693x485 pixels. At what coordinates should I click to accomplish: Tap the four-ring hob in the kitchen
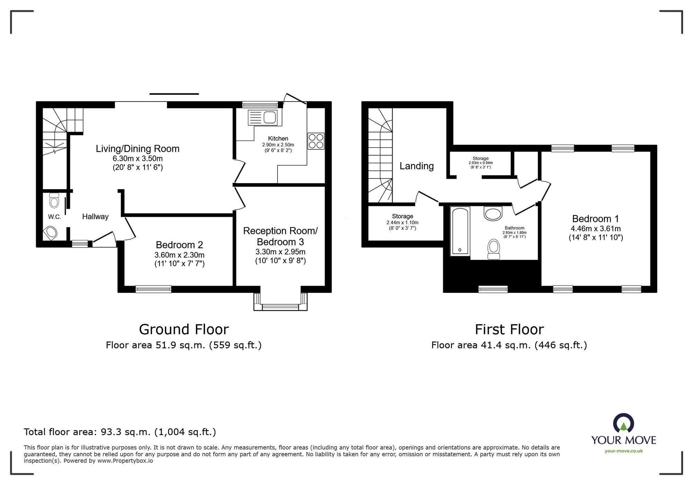point(316,141)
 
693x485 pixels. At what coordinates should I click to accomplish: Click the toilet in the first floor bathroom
point(494,249)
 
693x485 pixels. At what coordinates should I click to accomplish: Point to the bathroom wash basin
point(493,214)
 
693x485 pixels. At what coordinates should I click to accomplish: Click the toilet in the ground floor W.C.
point(54,200)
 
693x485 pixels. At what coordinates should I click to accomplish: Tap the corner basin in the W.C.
point(51,233)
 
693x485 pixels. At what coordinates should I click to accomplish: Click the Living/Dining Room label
point(138,149)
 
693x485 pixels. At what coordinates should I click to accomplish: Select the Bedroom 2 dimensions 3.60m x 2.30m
point(179,255)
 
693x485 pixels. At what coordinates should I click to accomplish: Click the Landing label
point(416,166)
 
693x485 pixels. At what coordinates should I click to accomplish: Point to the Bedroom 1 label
point(595,219)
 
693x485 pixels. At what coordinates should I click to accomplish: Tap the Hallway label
point(95,217)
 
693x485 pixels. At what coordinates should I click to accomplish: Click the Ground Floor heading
point(184,329)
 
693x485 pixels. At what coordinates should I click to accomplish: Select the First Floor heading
point(509,329)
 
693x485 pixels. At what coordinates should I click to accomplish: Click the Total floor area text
point(120,432)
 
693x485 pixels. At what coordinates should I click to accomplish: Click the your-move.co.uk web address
point(624,451)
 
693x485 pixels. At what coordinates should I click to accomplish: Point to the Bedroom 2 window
point(153,289)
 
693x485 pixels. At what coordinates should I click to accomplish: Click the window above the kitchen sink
point(260,104)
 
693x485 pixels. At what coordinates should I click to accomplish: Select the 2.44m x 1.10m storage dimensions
point(403,223)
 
